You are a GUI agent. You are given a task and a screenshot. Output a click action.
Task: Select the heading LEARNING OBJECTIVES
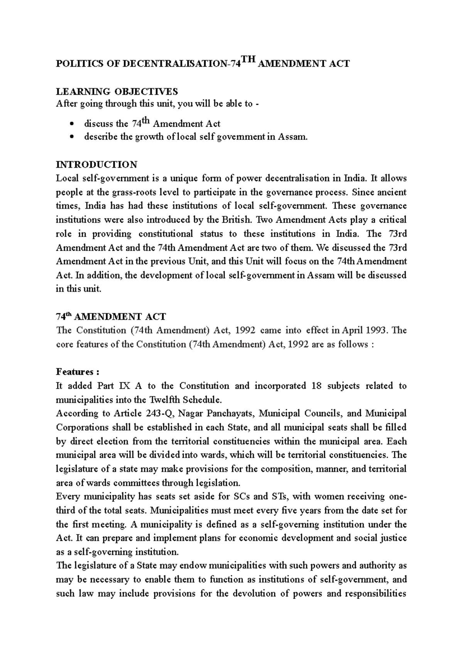coord(117,92)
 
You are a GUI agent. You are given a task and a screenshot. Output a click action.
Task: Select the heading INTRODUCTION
coord(96,165)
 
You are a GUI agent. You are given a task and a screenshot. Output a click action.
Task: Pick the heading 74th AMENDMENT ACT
coord(111,317)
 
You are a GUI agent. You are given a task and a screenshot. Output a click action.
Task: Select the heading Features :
coord(78,372)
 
